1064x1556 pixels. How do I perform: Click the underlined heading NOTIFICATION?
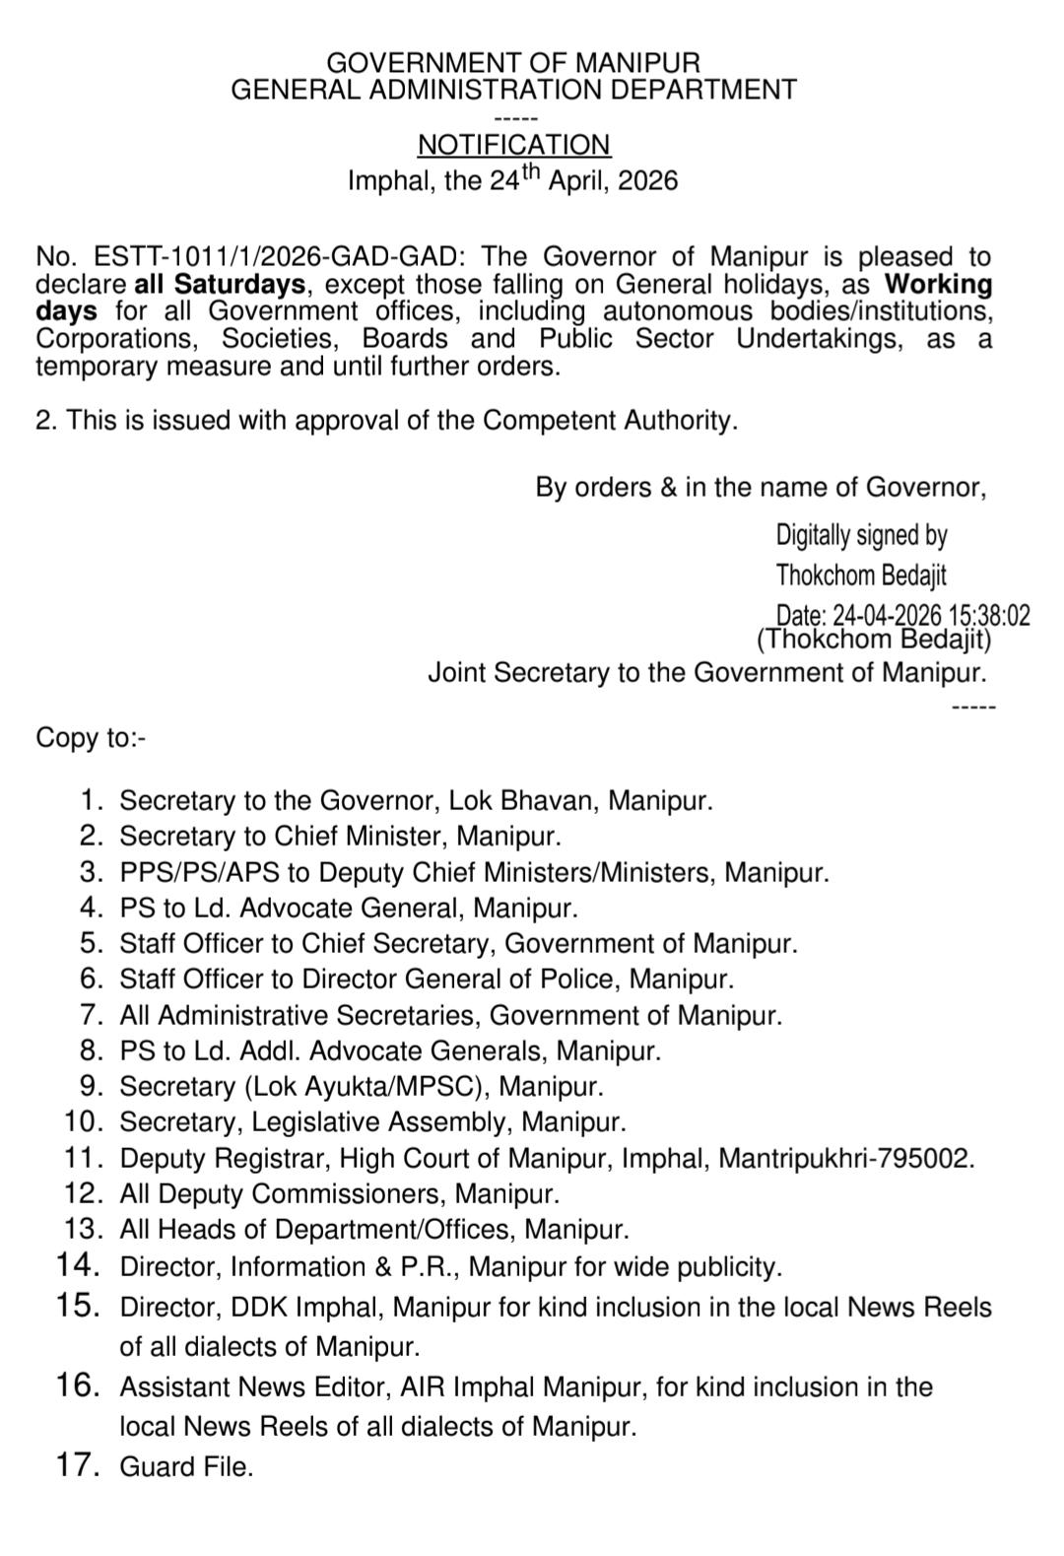click(513, 145)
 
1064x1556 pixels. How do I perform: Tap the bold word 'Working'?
click(938, 285)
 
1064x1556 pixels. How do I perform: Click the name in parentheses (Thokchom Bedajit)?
click(874, 640)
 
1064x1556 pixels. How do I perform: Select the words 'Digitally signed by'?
click(861, 535)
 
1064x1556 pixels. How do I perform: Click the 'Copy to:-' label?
click(91, 738)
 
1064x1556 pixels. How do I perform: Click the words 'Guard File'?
click(184, 1467)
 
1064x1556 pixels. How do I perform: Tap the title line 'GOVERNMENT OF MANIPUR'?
click(513, 63)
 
